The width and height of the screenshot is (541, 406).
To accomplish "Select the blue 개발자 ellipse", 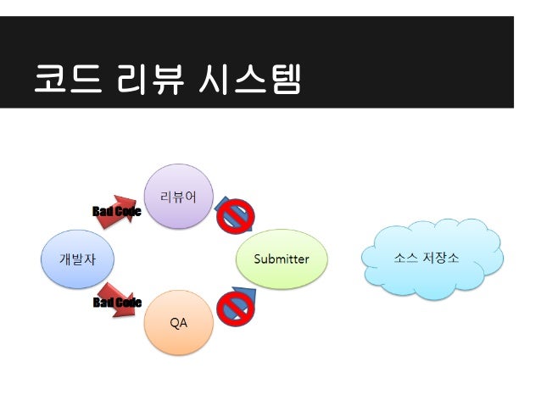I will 75,259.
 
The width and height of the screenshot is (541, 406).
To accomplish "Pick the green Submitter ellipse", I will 282,259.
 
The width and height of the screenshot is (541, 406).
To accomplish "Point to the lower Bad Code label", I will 116,303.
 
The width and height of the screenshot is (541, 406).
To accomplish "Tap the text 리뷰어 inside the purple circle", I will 179,198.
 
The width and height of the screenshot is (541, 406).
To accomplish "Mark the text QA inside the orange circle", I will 179,323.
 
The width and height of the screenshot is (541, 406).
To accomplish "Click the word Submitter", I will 282,259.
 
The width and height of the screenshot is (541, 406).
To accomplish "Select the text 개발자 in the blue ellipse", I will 75,259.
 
